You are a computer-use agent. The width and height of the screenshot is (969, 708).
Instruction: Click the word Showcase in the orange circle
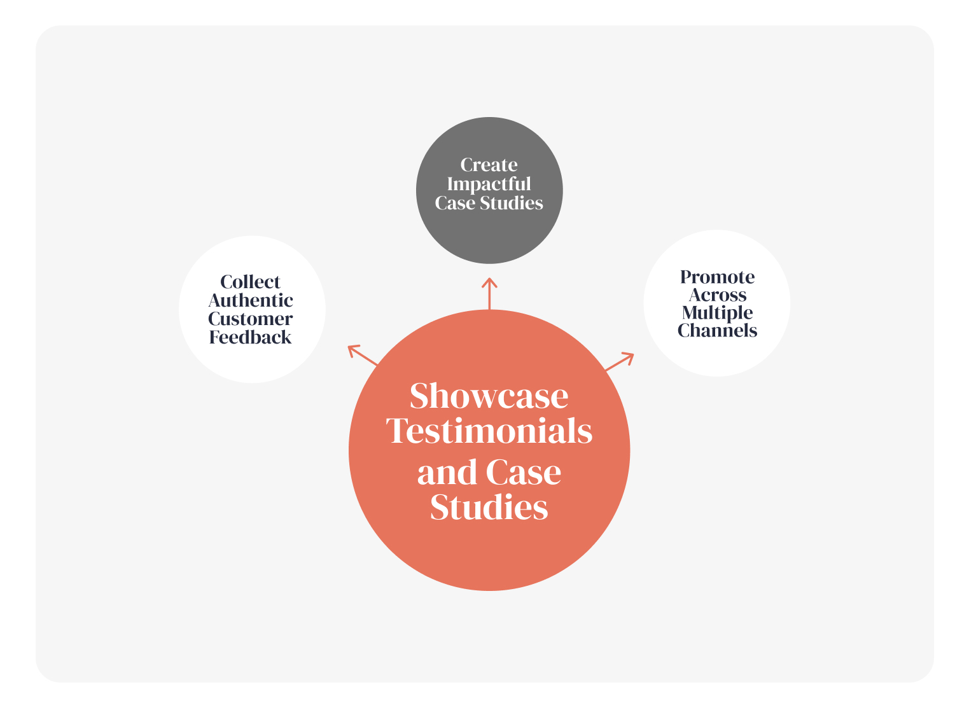click(489, 396)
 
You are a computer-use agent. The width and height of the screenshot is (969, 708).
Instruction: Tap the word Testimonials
click(489, 431)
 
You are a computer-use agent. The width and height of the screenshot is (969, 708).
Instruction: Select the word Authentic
click(251, 300)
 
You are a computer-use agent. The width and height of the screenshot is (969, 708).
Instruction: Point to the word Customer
click(251, 319)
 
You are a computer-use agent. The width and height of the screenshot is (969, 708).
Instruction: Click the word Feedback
click(251, 337)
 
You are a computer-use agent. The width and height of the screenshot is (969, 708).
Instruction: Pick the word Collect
click(251, 282)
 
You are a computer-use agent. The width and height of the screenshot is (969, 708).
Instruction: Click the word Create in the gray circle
click(489, 165)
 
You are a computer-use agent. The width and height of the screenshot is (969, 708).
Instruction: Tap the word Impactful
click(489, 184)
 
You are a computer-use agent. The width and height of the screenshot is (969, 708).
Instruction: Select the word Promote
click(717, 277)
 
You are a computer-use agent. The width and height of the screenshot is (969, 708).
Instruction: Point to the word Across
click(717, 295)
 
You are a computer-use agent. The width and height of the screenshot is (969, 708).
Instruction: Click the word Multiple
click(717, 312)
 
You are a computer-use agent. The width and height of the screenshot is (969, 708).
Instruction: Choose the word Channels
click(717, 331)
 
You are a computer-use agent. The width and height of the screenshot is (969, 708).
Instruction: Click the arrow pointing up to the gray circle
click(489, 293)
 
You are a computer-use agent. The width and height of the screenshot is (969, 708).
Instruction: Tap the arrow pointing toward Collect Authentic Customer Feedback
click(363, 354)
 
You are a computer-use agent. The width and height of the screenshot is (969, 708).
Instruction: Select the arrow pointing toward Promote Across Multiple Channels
click(619, 361)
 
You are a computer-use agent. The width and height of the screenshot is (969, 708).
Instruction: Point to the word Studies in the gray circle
click(512, 203)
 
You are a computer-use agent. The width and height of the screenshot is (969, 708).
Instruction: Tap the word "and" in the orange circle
click(446, 472)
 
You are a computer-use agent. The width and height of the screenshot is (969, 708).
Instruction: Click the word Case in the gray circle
click(455, 203)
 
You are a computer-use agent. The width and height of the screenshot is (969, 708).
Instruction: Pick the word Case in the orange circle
click(523, 472)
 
